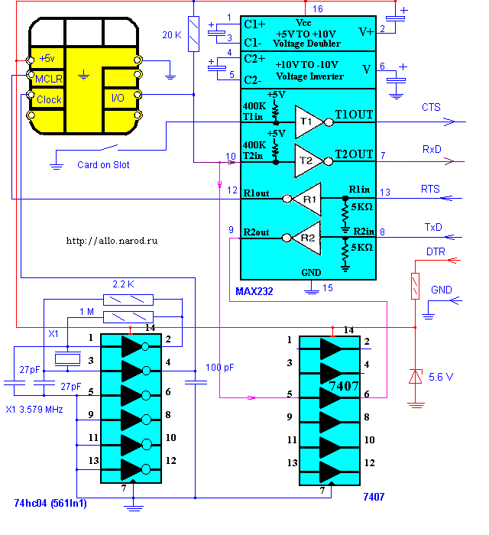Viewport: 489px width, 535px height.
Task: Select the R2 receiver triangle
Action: (306, 238)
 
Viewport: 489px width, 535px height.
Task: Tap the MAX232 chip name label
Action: (254, 291)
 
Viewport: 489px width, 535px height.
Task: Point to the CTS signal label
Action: (431, 108)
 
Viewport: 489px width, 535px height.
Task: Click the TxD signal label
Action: (432, 227)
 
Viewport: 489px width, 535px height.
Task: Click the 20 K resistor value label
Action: (172, 35)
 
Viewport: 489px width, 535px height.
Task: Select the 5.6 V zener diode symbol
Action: (415, 376)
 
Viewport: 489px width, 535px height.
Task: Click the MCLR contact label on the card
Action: (49, 79)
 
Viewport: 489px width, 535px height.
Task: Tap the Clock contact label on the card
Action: (49, 99)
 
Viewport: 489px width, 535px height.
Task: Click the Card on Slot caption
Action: (103, 165)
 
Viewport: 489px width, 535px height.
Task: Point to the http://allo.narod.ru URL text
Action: (112, 241)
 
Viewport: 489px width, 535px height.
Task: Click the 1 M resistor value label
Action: (87, 312)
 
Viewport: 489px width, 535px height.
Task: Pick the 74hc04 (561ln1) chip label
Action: (50, 503)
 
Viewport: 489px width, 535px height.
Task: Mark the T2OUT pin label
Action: (354, 154)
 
